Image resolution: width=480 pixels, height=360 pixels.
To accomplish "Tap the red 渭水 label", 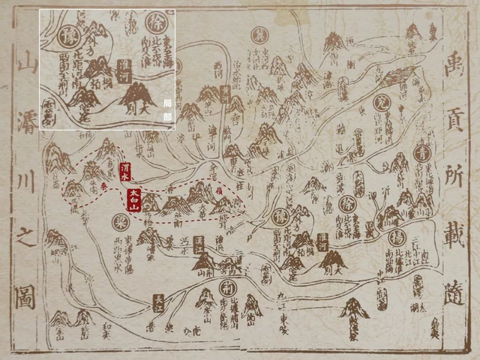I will [125, 172].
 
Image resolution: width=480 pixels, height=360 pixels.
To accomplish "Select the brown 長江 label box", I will [158, 302].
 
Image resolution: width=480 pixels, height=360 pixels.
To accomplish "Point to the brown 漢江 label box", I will [199, 244].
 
